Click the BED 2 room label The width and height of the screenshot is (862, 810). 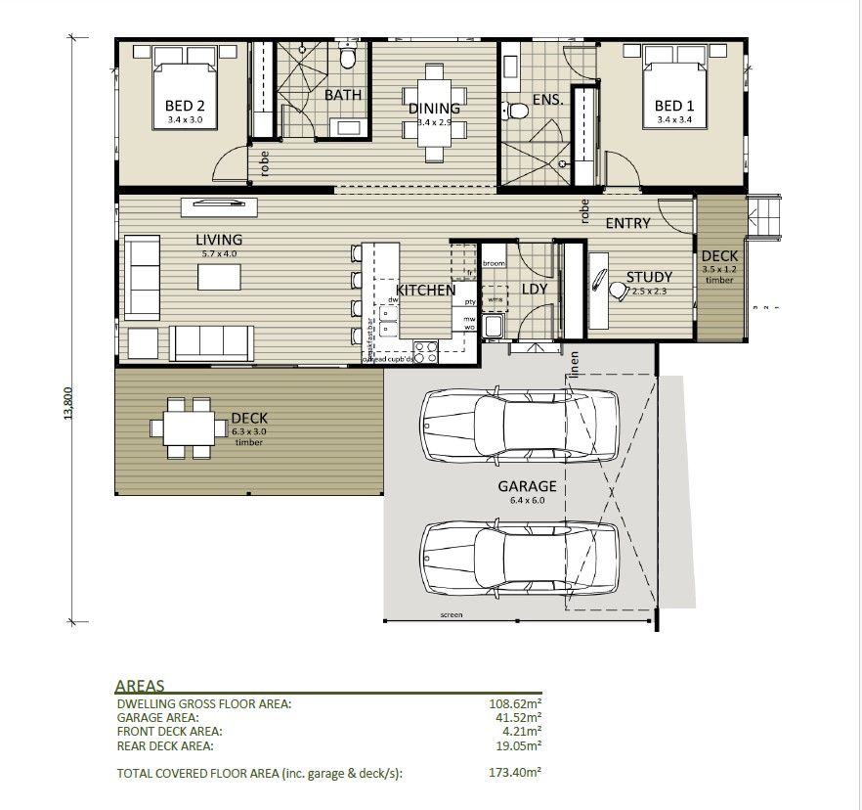184,106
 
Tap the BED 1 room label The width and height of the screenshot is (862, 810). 674,106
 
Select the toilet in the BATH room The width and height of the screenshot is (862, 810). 347,60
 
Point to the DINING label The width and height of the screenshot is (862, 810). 434,109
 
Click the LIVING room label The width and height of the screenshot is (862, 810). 218,240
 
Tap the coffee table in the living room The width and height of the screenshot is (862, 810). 219,278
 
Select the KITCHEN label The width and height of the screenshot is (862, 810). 425,291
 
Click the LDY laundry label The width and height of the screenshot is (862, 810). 534,290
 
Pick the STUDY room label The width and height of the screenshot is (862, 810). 649,278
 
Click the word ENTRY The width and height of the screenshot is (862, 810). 627,223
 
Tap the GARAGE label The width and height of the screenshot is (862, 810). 527,486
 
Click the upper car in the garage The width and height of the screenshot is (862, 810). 519,423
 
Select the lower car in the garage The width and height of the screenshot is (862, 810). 519,558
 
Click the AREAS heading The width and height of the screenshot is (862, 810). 140,686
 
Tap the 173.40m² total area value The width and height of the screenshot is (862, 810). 515,773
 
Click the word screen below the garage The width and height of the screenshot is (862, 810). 451,615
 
